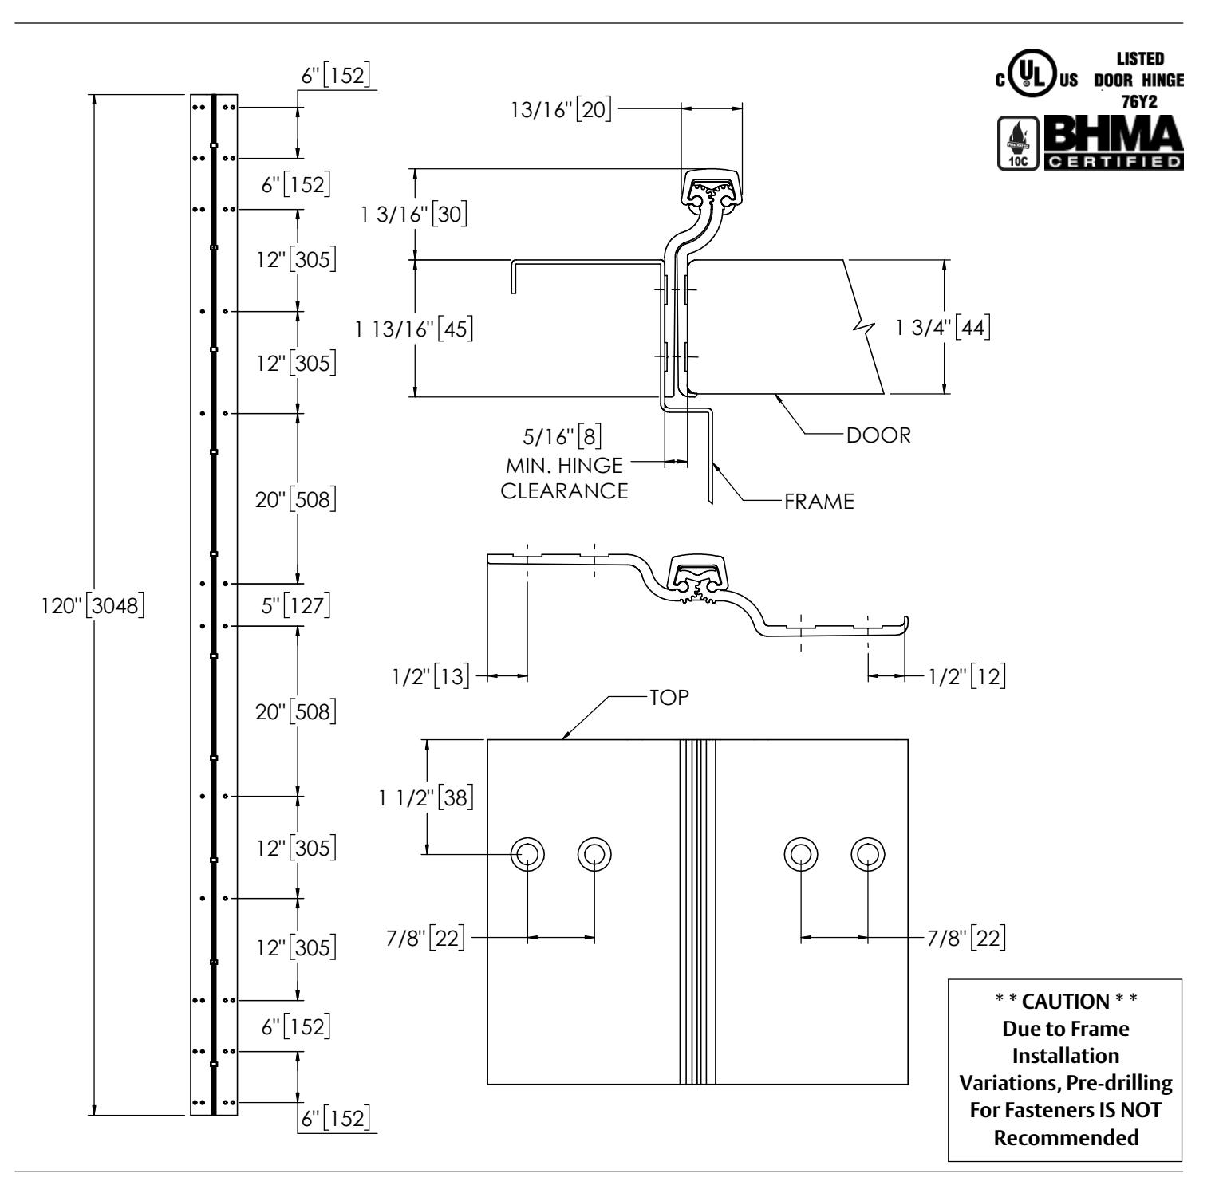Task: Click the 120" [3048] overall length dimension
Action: tap(92, 605)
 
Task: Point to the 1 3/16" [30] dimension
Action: tap(416, 215)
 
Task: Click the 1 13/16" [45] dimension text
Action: tap(416, 328)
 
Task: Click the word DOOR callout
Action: tap(878, 435)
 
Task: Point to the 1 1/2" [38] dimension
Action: tap(427, 797)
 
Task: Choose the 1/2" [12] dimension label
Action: tap(966, 676)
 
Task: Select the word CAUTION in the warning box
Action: tap(1066, 1002)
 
